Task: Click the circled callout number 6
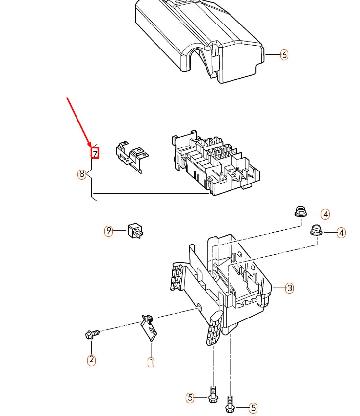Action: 284,55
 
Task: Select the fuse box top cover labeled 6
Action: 199,39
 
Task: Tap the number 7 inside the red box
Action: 95,154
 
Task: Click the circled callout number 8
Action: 82,174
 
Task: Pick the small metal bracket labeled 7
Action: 131,155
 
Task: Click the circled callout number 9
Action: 109,230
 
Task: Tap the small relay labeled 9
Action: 135,230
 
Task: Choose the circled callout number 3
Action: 289,288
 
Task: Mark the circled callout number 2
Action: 91,360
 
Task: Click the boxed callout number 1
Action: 151,362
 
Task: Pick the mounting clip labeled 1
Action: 150,326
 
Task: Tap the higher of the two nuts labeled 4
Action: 300,213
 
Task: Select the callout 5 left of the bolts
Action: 190,398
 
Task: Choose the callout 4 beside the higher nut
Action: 325,214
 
